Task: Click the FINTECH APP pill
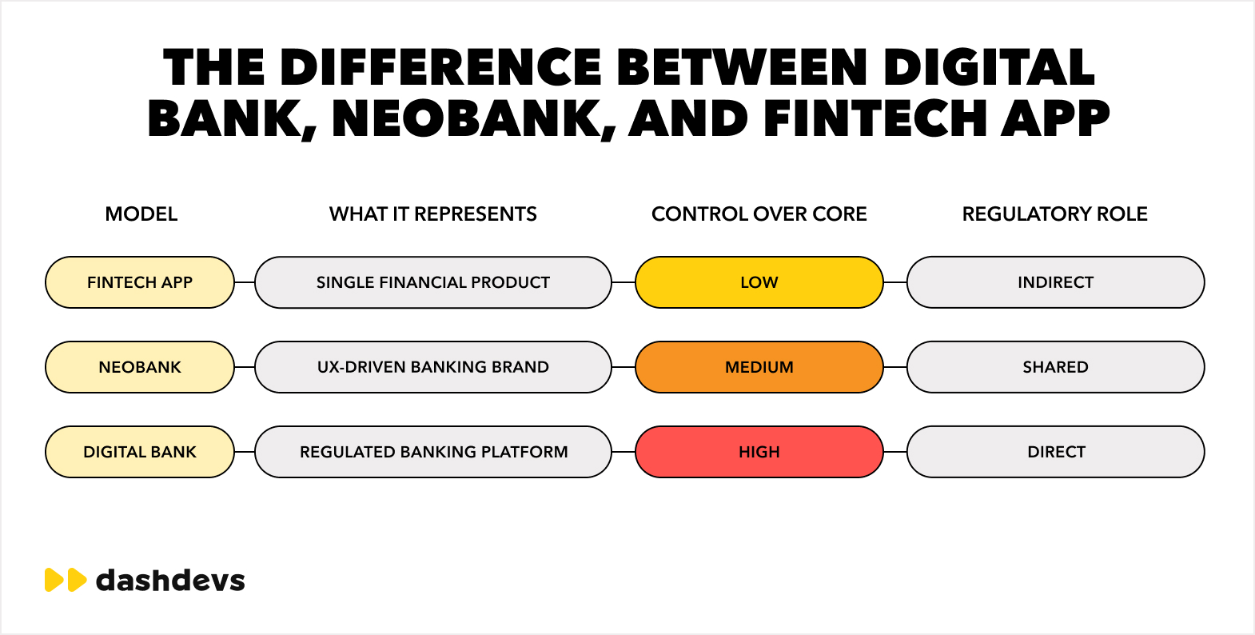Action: [x=140, y=282]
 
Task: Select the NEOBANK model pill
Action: [x=140, y=367]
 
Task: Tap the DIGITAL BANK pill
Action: [x=140, y=452]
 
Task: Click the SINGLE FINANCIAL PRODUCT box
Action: [x=433, y=282]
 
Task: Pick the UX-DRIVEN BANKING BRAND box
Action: [x=433, y=367]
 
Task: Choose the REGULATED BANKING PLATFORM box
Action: [x=433, y=452]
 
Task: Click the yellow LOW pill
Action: [x=759, y=282]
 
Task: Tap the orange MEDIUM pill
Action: [x=759, y=367]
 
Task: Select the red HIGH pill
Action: [x=759, y=452]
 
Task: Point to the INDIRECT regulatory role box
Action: [x=1055, y=282]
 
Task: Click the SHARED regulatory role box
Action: [x=1055, y=367]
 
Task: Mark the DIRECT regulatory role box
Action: [x=1055, y=452]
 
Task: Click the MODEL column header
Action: [x=141, y=214]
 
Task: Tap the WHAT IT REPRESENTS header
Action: [x=433, y=214]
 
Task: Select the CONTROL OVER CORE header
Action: [x=759, y=214]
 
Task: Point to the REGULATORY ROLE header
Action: [x=1055, y=214]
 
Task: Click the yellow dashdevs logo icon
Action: [x=66, y=580]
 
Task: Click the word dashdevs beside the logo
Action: [x=170, y=580]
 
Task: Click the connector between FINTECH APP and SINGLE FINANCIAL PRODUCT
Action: [x=245, y=282]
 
